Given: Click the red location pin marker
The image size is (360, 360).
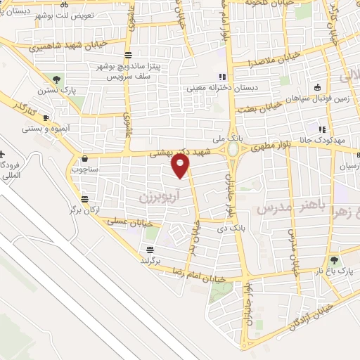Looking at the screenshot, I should [181, 166].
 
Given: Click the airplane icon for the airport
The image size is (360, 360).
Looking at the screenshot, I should [3, 154].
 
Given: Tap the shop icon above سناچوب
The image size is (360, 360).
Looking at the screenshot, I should [85, 159].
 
